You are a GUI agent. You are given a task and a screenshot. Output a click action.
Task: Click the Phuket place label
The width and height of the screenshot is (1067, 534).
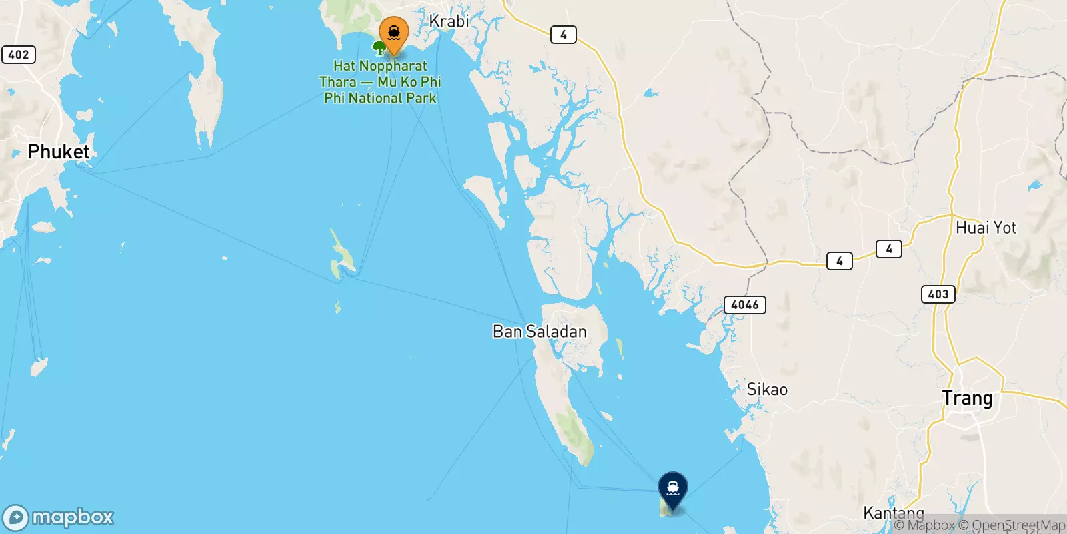(x=58, y=152)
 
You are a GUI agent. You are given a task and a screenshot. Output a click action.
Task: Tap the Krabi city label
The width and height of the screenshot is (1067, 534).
(x=449, y=21)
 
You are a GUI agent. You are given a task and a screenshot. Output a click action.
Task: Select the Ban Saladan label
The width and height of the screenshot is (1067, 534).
(x=540, y=332)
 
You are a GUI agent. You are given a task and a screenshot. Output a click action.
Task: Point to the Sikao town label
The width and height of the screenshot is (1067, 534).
(x=767, y=389)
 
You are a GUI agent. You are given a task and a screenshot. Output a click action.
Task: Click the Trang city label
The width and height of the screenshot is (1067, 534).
(x=967, y=398)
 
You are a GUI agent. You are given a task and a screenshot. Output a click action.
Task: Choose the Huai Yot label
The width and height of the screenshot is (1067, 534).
(x=986, y=228)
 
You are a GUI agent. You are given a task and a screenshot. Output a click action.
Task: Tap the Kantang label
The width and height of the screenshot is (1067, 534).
(x=894, y=513)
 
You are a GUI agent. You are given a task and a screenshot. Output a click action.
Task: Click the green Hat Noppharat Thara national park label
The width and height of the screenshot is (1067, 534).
(x=380, y=82)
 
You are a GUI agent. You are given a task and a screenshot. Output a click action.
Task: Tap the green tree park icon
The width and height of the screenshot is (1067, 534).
(x=379, y=47)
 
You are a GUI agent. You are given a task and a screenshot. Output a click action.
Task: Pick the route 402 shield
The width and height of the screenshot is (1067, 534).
(x=19, y=55)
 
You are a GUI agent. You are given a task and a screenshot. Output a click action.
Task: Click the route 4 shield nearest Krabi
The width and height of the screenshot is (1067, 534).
(x=564, y=35)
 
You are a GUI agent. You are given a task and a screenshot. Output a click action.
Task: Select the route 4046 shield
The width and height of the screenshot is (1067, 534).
(x=744, y=305)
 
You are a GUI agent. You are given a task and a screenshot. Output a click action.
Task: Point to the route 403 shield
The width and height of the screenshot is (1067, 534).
(x=938, y=294)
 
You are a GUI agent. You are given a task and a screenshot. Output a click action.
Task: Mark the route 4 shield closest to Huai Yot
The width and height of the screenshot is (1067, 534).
(x=889, y=249)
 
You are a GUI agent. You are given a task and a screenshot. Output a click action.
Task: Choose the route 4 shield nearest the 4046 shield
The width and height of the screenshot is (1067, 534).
(x=839, y=261)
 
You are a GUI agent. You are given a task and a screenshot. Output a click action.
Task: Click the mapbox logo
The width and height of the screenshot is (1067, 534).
(x=59, y=517)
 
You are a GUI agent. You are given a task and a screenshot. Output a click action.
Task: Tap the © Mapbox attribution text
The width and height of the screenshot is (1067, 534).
(x=924, y=525)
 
